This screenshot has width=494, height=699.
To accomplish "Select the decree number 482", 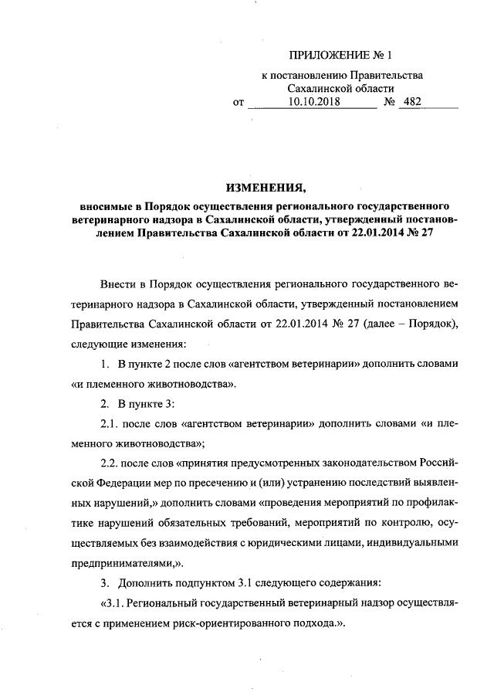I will click(414, 101).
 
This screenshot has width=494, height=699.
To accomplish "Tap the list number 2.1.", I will click(112, 426).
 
